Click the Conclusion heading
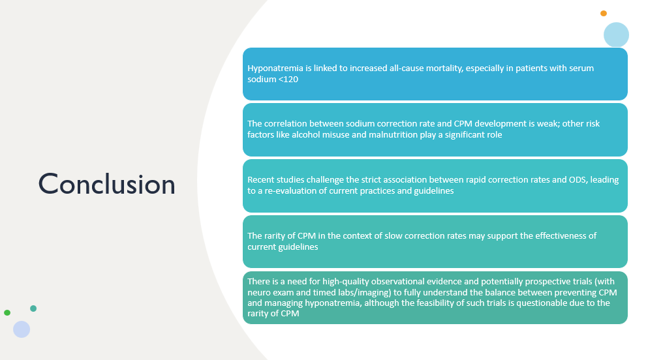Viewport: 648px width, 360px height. [106, 184]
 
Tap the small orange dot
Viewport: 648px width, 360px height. [604, 13]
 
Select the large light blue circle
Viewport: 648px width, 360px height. [616, 35]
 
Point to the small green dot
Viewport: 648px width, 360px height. [7, 312]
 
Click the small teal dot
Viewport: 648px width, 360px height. [33, 308]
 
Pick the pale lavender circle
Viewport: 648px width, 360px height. [22, 329]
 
